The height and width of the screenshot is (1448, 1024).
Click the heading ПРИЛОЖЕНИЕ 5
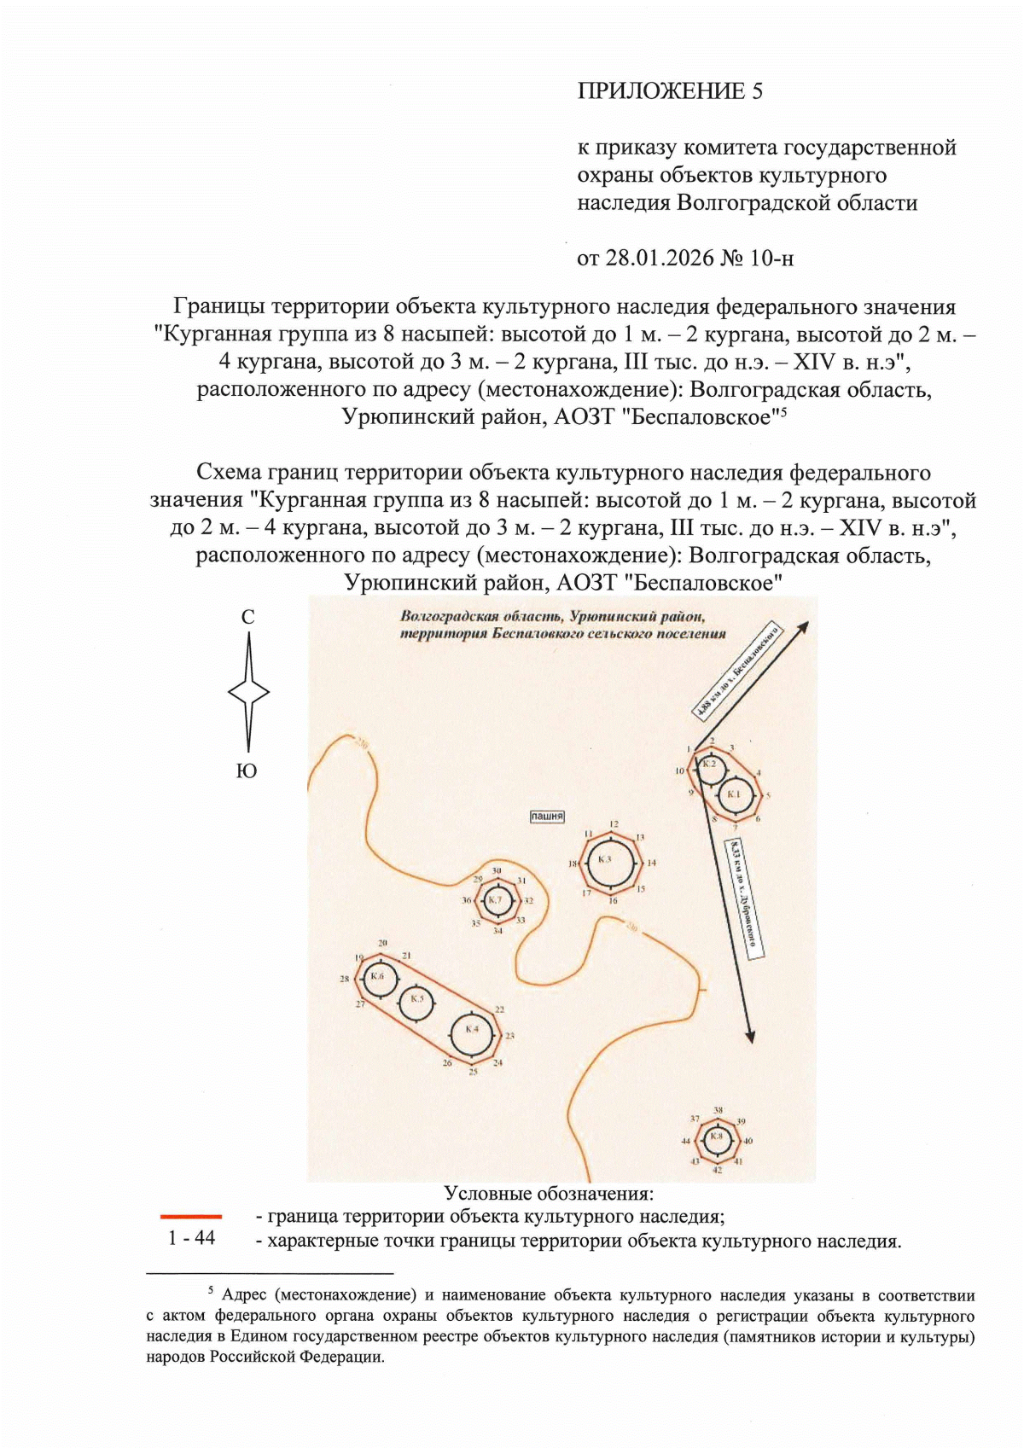click(x=670, y=91)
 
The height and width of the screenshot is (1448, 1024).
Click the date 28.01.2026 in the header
click(x=659, y=258)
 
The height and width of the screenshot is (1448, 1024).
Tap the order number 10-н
click(x=771, y=258)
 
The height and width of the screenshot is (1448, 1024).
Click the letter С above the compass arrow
click(x=247, y=617)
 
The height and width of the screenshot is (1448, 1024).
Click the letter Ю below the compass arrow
click(x=247, y=771)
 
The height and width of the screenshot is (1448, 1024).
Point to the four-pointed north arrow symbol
click(x=248, y=692)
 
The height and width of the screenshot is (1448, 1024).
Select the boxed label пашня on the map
click(x=547, y=817)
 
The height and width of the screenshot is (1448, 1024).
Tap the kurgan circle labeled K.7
click(x=498, y=900)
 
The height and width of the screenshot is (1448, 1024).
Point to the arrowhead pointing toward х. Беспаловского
click(x=802, y=627)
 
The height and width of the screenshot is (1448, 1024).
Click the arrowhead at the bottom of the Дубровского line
click(x=750, y=1036)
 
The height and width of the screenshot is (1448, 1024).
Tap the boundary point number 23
click(x=509, y=1036)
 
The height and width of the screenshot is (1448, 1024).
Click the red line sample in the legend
click(x=191, y=1216)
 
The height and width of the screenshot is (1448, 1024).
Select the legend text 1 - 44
click(x=191, y=1238)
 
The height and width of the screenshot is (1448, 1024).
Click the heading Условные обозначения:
click(x=549, y=1193)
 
